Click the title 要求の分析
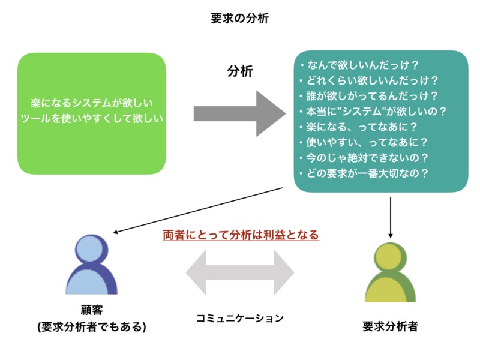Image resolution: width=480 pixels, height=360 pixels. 239,18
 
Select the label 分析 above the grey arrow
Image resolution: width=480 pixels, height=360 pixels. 239,71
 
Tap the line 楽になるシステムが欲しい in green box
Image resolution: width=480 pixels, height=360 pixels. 91,103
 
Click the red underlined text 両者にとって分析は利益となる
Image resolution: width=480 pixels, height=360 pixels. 241,235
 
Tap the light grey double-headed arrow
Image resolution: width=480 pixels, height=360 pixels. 239,272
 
